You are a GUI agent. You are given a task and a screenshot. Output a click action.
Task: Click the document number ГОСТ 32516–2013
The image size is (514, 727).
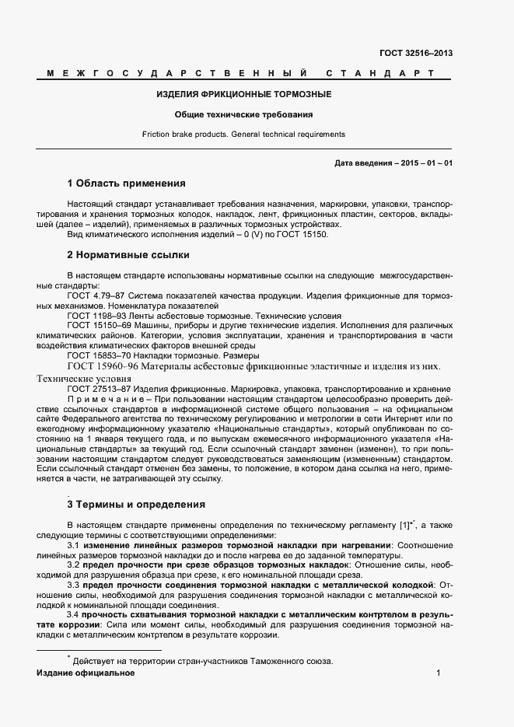tap(416, 54)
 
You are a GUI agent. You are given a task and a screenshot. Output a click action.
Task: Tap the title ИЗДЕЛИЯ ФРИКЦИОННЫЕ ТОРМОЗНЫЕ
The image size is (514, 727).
tap(243, 95)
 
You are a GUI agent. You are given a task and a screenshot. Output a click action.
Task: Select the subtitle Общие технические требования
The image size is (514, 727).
tap(243, 115)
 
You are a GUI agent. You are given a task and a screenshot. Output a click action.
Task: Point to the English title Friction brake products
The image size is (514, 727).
tap(192, 135)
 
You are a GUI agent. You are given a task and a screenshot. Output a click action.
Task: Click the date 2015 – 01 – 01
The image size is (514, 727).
tap(426, 163)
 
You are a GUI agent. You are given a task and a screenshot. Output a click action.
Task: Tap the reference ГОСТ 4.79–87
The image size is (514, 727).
tap(96, 296)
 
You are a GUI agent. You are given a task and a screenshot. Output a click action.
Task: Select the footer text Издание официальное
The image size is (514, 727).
tap(86, 673)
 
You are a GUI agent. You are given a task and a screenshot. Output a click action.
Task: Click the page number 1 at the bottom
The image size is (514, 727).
tap(439, 673)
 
